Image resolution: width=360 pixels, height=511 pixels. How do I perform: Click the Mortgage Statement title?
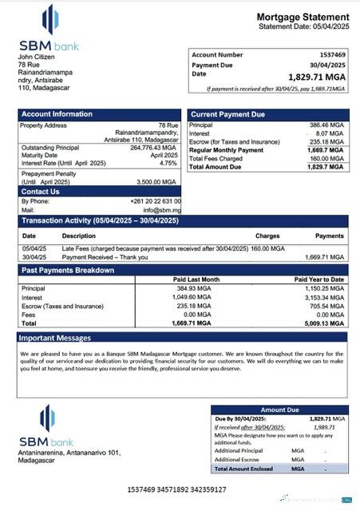pos(302,18)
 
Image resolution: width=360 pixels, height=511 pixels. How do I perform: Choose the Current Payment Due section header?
pos(227,115)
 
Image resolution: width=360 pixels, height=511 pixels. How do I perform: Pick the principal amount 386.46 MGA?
pos(326,126)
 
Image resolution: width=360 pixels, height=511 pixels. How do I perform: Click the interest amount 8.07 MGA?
pos(330,134)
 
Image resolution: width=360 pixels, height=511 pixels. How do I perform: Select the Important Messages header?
pos(56,339)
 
